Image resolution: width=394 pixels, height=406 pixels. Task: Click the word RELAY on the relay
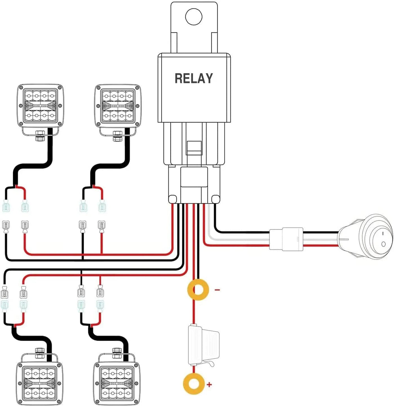193,78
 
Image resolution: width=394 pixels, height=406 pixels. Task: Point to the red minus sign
217,290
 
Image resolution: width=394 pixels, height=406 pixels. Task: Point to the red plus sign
209,384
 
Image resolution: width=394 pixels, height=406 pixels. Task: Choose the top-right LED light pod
117,105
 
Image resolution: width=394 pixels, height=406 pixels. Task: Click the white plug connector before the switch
286,239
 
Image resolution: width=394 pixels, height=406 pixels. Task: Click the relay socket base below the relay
193,185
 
